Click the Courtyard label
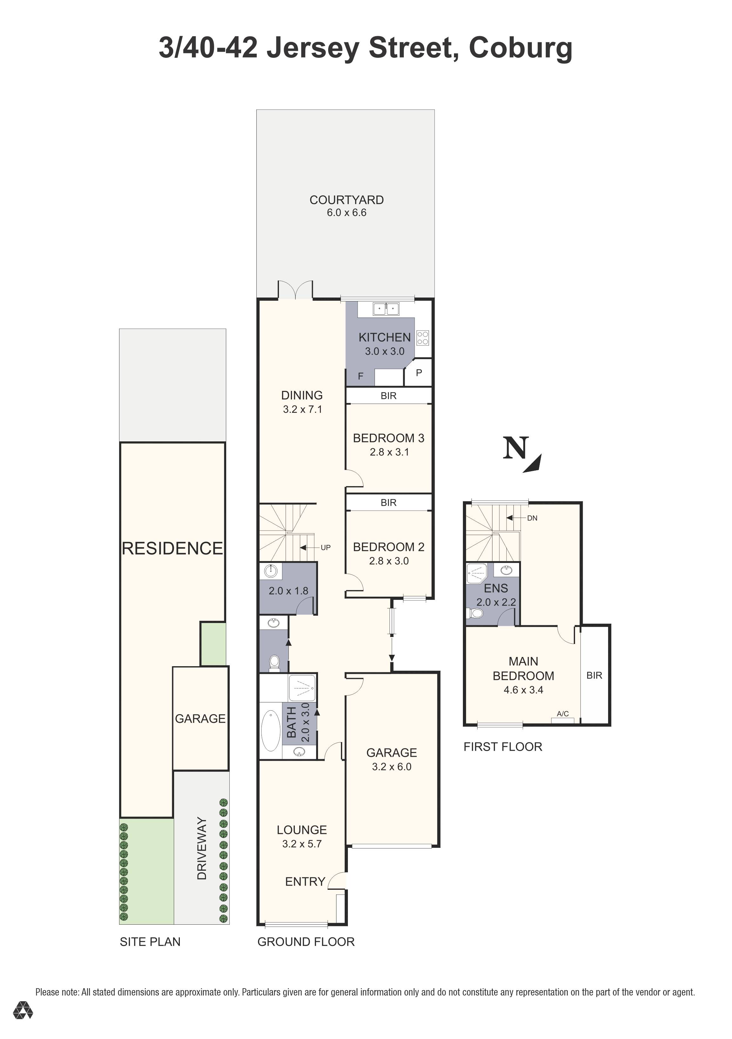click(x=346, y=200)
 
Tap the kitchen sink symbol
click(x=386, y=309)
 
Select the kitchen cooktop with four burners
click(x=422, y=338)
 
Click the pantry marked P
click(x=419, y=373)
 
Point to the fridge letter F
click(x=361, y=376)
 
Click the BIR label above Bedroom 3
click(x=389, y=396)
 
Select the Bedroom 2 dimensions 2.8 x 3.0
click(x=389, y=561)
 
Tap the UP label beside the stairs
click(x=325, y=547)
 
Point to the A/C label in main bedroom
click(x=563, y=714)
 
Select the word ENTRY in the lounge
click(x=305, y=881)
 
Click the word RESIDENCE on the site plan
click(x=173, y=548)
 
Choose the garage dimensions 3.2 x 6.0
click(x=392, y=767)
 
